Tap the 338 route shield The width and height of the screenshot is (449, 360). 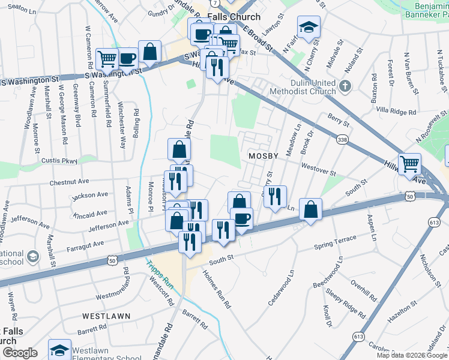(342, 139)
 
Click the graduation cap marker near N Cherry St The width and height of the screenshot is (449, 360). (309, 27)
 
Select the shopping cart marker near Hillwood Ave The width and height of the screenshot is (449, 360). (409, 164)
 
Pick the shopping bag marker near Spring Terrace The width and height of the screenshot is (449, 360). (310, 209)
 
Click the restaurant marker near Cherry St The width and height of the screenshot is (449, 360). (275, 196)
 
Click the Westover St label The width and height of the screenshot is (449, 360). (319, 170)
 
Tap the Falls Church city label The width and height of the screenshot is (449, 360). (234, 17)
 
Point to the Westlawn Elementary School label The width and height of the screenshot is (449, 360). (107, 355)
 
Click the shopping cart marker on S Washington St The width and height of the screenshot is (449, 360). (107, 59)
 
